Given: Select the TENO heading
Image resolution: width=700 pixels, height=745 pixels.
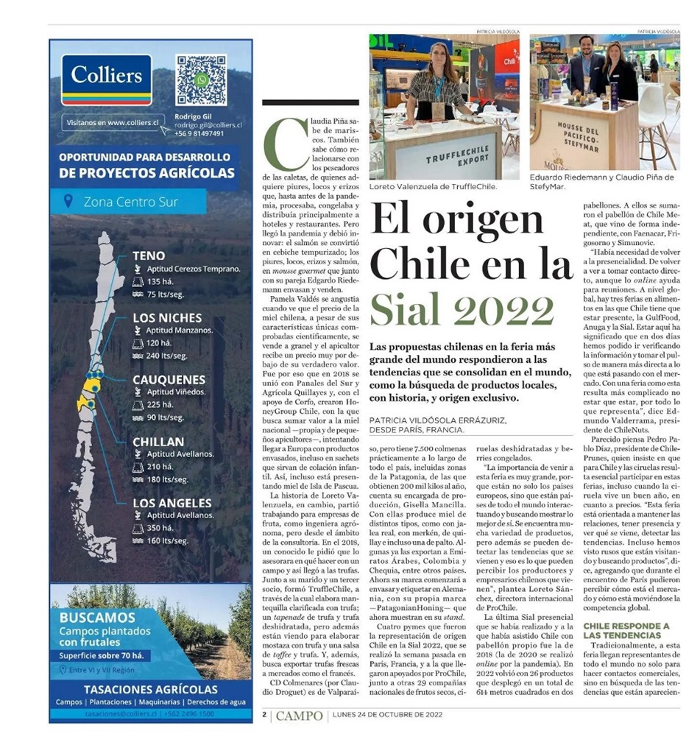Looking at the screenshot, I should [x=149, y=256].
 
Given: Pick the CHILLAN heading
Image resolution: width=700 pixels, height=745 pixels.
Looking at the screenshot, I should [x=158, y=442].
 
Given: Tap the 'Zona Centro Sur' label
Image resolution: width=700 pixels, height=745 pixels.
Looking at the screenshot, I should [x=130, y=202].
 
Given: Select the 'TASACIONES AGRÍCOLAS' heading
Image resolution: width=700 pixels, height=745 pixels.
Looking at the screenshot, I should [x=150, y=690].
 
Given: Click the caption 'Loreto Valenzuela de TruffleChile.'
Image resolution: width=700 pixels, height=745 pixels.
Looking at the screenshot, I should [x=433, y=187].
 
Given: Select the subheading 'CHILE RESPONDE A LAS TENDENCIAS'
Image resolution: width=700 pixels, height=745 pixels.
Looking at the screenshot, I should [x=626, y=630].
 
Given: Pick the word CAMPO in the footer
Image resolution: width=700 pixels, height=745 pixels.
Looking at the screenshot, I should [x=299, y=715].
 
